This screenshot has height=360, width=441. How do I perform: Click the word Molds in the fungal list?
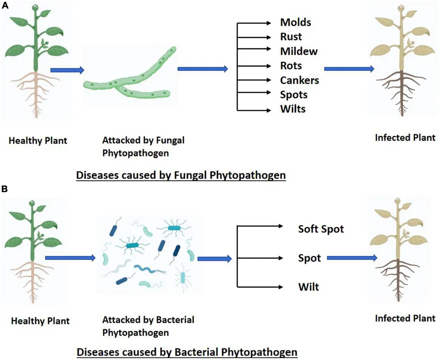click(x=295, y=22)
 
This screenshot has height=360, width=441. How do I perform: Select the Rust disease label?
click(x=291, y=37)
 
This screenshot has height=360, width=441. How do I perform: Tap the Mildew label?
click(x=299, y=52)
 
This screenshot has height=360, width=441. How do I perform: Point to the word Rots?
click(x=291, y=66)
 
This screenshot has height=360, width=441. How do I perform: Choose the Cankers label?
click(x=299, y=80)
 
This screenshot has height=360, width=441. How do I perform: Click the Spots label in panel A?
click(x=294, y=94)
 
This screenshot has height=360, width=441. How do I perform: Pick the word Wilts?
click(x=293, y=109)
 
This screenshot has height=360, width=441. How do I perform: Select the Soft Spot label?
click(x=321, y=229)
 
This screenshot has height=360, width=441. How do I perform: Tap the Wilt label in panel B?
click(x=308, y=286)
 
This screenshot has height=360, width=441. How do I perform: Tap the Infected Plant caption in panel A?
click(x=405, y=138)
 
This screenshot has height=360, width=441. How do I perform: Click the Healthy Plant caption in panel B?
click(x=40, y=321)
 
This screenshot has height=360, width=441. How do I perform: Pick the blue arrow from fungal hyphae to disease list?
click(x=202, y=69)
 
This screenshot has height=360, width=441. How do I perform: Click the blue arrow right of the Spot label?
click(x=352, y=258)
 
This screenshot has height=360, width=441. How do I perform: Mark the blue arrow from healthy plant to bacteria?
click(x=69, y=258)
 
